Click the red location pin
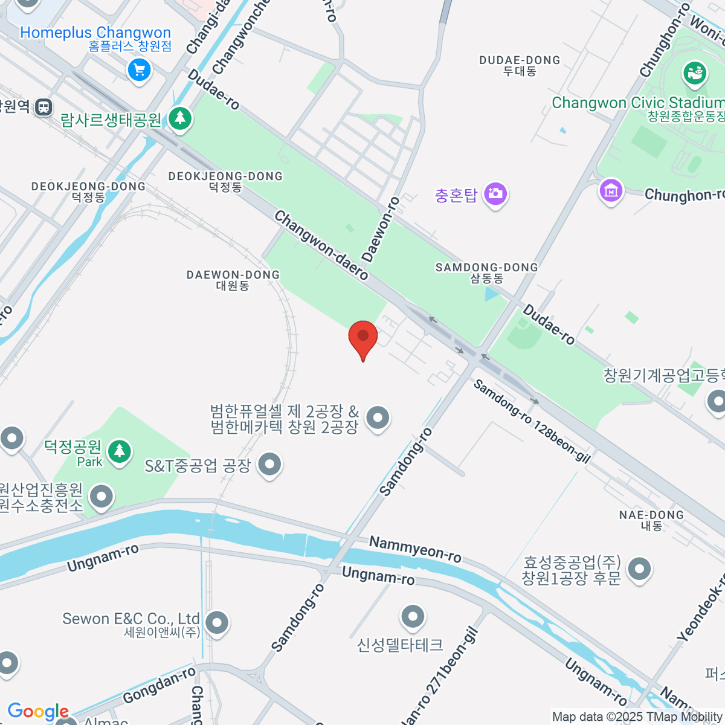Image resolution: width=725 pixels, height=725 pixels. click(363, 337)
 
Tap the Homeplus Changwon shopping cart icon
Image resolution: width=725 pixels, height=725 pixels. click(139, 70)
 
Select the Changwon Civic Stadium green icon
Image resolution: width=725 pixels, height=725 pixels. click(695, 74)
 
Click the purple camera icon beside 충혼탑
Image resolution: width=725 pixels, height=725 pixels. click(495, 194)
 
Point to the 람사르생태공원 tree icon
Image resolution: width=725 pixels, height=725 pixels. click(179, 118)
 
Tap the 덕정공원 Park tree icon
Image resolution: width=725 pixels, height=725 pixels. click(120, 451)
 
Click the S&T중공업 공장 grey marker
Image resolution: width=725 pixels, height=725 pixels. click(269, 465)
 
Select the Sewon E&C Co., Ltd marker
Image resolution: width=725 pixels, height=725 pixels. click(216, 622)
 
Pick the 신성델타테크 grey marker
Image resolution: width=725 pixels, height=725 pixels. click(413, 617)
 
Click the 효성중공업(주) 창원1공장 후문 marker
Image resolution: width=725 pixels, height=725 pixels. click(639, 569)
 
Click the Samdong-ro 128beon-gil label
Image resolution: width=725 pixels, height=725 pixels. click(531, 421)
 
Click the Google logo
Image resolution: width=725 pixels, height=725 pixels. click(37, 712)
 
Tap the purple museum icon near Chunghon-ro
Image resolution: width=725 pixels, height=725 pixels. click(611, 191)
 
